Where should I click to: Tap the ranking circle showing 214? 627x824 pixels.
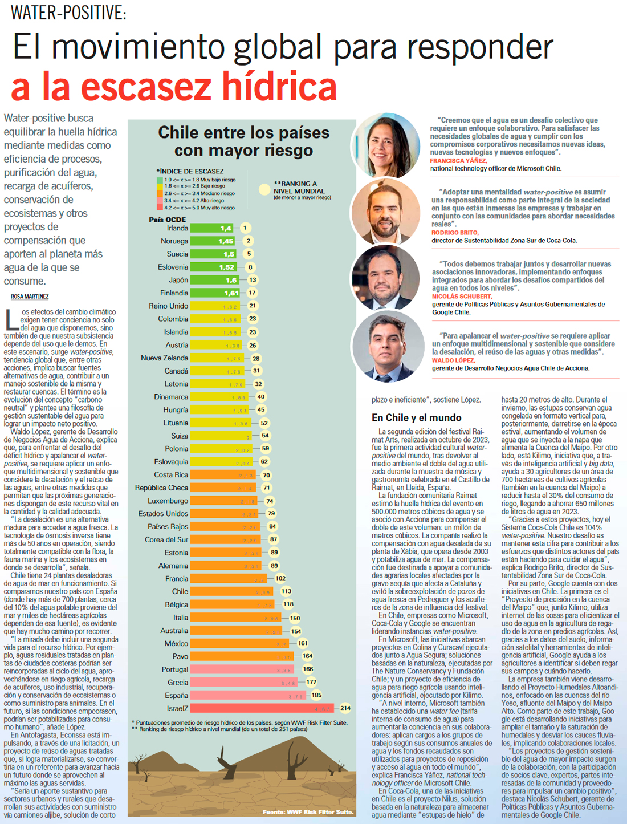click(345, 708)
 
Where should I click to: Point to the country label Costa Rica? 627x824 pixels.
click(171, 475)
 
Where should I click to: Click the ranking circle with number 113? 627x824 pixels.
click(286, 591)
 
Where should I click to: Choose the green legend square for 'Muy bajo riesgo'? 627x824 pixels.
click(160, 180)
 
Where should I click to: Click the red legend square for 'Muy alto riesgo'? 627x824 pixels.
click(160, 208)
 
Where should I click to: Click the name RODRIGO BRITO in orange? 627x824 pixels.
click(455, 233)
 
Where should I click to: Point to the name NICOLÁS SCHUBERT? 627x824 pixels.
click(462, 297)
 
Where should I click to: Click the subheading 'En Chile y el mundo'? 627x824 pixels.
click(417, 418)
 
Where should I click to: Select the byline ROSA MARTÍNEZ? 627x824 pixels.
click(30, 297)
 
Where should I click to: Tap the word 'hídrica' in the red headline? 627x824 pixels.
click(279, 87)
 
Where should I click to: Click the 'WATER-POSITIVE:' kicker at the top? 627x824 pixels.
click(68, 13)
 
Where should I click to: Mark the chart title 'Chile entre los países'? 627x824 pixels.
click(243, 133)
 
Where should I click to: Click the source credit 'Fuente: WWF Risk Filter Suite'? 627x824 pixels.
click(308, 812)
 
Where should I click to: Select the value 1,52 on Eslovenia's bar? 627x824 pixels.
click(226, 267)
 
